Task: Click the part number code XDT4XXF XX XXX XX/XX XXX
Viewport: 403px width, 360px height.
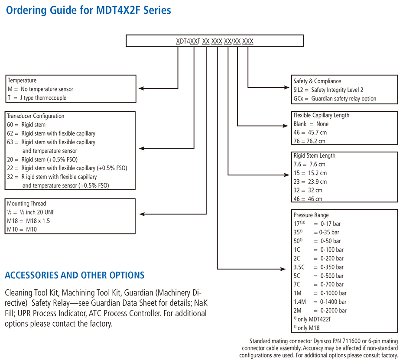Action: [214, 41]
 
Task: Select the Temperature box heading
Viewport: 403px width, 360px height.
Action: [22, 81]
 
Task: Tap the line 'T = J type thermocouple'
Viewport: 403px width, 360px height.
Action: [37, 98]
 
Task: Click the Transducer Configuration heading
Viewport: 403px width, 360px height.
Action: [36, 116]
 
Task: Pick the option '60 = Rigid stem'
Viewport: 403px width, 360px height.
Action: [26, 125]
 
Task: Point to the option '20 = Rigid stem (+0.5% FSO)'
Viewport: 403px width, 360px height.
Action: [42, 159]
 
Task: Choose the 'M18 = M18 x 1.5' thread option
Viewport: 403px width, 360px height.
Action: [29, 221]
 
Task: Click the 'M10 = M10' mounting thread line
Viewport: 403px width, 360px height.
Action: [22, 230]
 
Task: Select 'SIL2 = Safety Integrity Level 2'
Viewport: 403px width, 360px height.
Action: [328, 90]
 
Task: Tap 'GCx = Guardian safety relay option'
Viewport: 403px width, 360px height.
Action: [335, 99]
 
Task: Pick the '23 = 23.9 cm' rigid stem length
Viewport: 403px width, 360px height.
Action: [310, 182]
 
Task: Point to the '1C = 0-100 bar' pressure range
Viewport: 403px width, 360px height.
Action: [318, 250]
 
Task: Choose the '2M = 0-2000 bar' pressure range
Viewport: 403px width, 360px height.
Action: [320, 311]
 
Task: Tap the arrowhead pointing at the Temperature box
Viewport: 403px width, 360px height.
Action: [141, 88]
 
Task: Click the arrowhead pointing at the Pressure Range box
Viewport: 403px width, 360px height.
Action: [283, 269]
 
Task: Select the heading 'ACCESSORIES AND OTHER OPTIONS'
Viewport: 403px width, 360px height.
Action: [75, 275]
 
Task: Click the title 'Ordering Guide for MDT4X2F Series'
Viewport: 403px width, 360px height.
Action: [88, 10]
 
